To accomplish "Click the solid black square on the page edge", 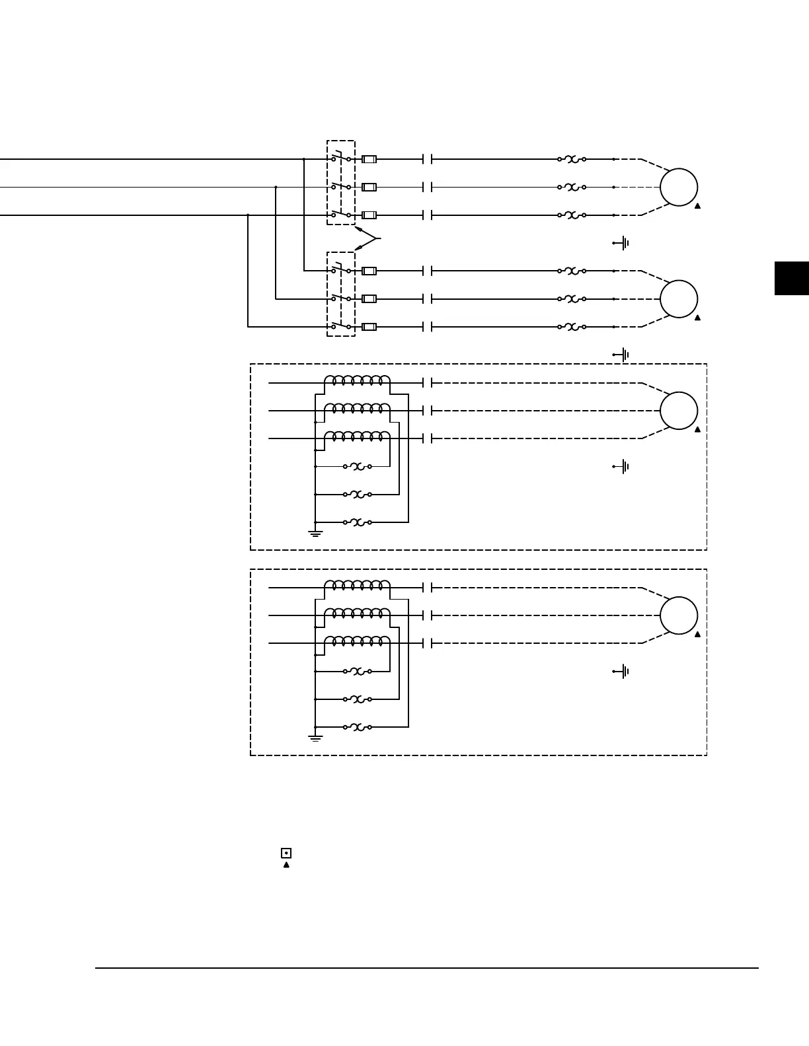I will point(792,278).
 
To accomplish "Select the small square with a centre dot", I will point(286,853).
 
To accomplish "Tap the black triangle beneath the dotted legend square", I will point(286,864).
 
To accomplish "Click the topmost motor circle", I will point(679,187).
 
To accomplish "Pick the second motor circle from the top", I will point(679,298).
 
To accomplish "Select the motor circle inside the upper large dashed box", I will point(679,410).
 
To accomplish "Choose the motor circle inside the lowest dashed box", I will point(679,615).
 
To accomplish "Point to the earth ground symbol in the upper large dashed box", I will point(316,532).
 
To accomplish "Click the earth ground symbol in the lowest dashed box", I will point(316,736).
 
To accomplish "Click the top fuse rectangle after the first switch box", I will point(369,159).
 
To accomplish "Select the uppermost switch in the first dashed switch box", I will point(340,158).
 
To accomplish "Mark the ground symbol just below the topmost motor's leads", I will point(621,243).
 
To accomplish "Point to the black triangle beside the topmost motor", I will point(697,206).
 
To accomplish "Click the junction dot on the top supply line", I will point(303,159).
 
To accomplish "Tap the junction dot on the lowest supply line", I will point(248,215).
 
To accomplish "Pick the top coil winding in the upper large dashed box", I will point(358,381).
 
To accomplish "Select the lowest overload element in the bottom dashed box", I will point(358,727).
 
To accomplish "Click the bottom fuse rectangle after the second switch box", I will point(369,326).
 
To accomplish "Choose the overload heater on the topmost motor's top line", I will point(572,159).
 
